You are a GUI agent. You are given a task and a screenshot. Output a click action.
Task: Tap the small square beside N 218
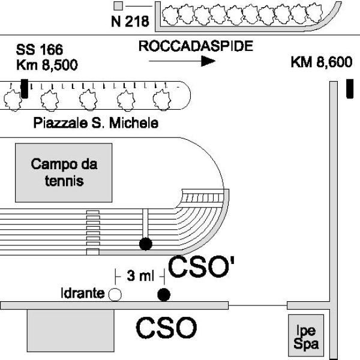[x=118, y=6]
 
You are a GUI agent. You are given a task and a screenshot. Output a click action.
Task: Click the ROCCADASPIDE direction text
[x=195, y=46]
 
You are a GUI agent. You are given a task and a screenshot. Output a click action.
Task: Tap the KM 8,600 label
[x=321, y=62]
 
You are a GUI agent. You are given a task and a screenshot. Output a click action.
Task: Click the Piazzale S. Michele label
[x=96, y=124]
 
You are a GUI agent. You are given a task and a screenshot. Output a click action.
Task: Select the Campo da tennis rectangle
[x=64, y=172]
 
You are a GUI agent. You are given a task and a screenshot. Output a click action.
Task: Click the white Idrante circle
[x=115, y=294]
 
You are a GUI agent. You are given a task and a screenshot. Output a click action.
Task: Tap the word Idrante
[x=83, y=293]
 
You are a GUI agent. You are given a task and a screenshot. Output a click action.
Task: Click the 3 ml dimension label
[x=139, y=276]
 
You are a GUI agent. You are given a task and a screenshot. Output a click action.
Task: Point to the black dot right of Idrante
[x=163, y=294]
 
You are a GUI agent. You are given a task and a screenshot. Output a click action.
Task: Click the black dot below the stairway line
[x=145, y=244]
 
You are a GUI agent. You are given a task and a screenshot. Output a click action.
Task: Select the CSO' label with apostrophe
[x=200, y=268]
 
